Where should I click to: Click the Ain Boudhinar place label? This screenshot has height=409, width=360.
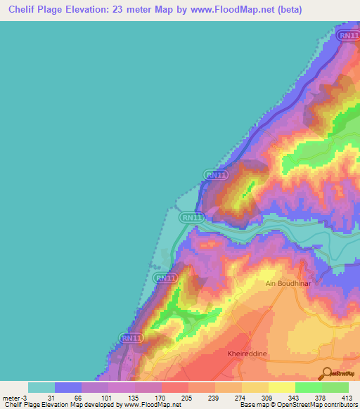[x=288, y=284]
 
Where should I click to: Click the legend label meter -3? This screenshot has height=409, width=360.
[x=13, y=398]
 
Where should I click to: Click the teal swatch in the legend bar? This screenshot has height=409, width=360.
[x=41, y=387]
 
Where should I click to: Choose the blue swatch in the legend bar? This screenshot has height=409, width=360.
[x=68, y=387]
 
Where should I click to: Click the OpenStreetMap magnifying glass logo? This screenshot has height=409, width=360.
[x=326, y=373]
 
